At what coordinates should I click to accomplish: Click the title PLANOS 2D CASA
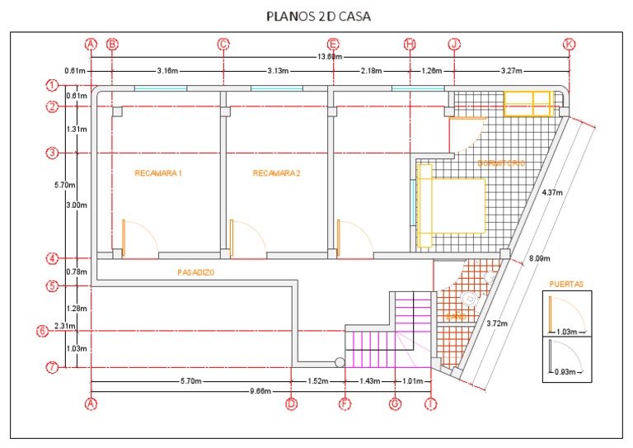317,16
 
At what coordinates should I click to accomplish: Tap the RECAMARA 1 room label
157,173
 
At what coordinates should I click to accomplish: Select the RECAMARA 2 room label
276,173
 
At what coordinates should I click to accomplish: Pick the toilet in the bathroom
469,298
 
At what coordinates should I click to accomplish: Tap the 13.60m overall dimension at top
330,56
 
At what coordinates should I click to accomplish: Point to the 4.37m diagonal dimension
551,192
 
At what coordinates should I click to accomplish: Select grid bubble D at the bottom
291,403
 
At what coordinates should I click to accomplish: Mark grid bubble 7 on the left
51,368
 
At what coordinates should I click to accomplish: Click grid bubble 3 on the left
51,153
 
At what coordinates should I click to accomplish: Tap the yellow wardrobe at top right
527,104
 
